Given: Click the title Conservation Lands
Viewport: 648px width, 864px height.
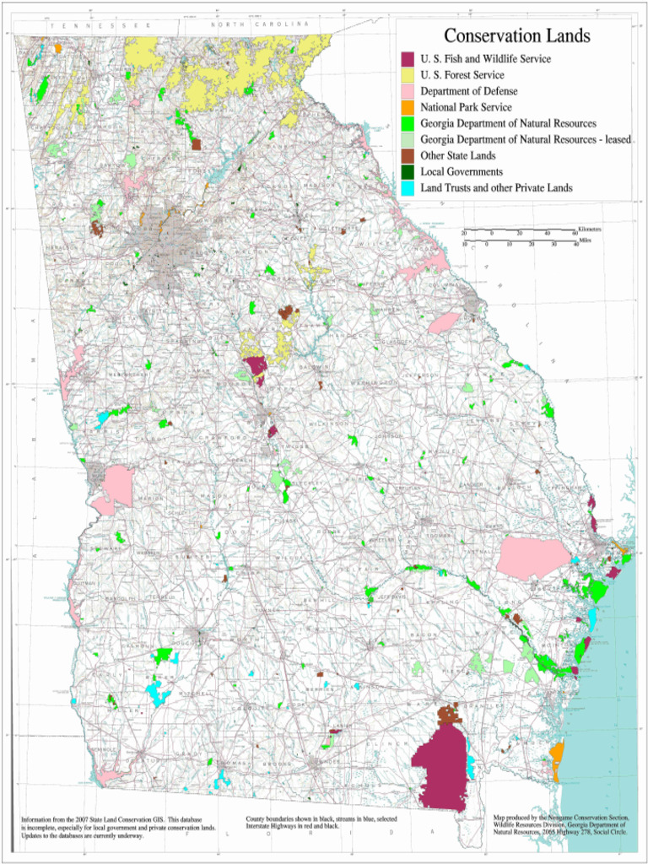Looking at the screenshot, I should [x=516, y=36].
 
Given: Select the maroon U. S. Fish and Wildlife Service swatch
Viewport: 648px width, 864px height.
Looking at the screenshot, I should [x=408, y=59].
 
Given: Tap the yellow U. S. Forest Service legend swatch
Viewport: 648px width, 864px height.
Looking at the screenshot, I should [x=408, y=75].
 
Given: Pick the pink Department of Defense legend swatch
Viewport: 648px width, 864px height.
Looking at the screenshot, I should [x=408, y=91].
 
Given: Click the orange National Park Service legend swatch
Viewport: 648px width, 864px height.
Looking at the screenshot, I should [x=408, y=107].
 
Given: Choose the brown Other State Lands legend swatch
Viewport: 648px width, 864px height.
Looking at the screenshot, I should [x=408, y=155].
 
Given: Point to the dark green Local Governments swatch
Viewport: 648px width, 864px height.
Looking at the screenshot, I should [x=408, y=171].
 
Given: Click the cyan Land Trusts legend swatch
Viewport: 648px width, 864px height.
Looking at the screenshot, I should [x=408, y=187].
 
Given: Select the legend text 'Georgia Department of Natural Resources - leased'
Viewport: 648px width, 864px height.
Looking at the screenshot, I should [x=526, y=139].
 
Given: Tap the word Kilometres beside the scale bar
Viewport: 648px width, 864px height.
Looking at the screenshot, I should [x=590, y=229].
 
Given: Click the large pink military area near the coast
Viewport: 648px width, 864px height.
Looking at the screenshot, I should [x=533, y=557].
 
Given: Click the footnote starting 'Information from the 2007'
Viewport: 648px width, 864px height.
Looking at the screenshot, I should [x=118, y=827].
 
